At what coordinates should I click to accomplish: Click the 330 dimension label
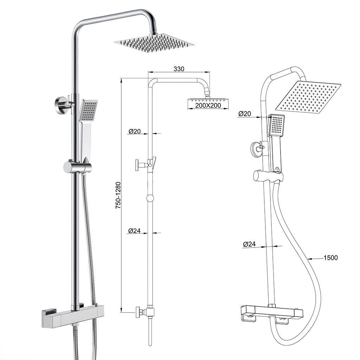179,69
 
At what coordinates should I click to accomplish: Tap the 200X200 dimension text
208,105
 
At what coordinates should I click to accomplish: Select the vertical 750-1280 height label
118,195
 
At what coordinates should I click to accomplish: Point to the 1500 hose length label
330,258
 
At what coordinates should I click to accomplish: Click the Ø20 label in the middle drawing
135,131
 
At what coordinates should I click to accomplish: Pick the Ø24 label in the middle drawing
135,231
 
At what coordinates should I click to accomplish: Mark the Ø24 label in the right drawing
249,244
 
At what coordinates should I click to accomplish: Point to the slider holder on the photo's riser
78,167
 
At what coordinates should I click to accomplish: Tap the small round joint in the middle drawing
150,198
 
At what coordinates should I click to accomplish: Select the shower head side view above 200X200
208,100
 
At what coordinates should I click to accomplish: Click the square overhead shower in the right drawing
308,96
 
